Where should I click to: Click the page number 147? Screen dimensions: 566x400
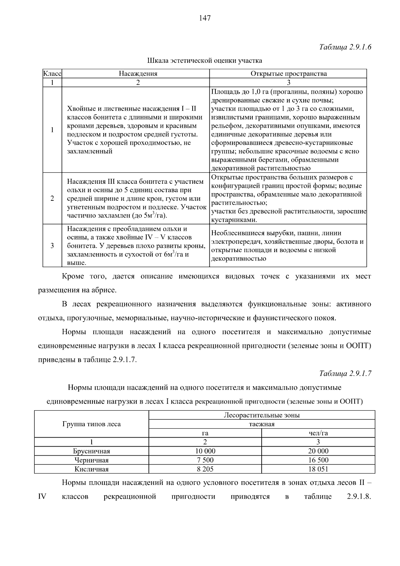(205, 18)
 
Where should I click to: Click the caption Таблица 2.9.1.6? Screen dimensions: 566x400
(345, 47)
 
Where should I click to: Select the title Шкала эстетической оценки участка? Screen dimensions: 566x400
(205, 61)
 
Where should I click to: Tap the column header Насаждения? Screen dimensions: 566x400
(138, 74)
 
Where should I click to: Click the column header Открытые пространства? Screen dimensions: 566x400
(288, 74)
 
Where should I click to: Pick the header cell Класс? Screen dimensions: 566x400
(52, 74)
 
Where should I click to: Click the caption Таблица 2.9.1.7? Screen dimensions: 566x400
(345, 374)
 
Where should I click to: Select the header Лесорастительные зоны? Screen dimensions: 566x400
(262, 415)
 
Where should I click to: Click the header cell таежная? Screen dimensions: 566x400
(262, 424)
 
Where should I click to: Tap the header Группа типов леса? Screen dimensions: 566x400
(92, 424)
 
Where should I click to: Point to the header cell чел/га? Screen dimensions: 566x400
(318, 433)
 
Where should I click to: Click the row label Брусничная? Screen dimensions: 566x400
(92, 451)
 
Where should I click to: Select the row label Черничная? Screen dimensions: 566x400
(92, 460)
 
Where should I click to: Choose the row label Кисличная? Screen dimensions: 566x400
(92, 469)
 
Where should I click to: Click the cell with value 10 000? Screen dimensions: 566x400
(205, 451)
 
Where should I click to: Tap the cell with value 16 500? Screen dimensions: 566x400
(318, 460)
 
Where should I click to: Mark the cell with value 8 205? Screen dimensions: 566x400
(205, 469)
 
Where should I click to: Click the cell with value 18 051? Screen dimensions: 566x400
(318, 469)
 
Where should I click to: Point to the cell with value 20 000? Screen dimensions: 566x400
(318, 451)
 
